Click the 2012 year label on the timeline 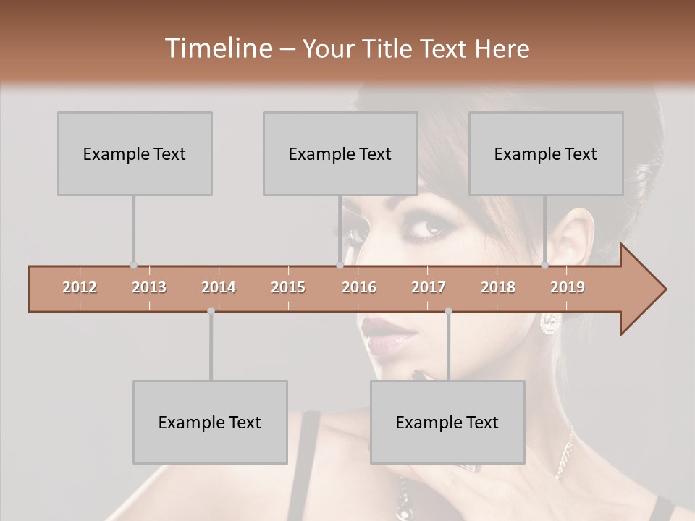pyautogui.click(x=80, y=287)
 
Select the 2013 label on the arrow pyautogui.click(x=149, y=287)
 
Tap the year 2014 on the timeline pyautogui.click(x=219, y=287)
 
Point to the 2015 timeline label pyautogui.click(x=288, y=287)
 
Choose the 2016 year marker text pyautogui.click(x=359, y=287)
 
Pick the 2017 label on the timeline pyautogui.click(x=429, y=287)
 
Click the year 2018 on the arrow pyautogui.click(x=498, y=287)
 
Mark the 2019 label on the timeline pyautogui.click(x=568, y=287)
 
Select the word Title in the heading pyautogui.click(x=389, y=48)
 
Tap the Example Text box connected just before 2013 pyautogui.click(x=135, y=153)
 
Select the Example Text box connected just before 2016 pyautogui.click(x=340, y=153)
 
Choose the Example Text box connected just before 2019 pyautogui.click(x=546, y=153)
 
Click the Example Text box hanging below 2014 pyautogui.click(x=210, y=422)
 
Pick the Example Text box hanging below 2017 pyautogui.click(x=447, y=422)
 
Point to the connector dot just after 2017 pyautogui.click(x=448, y=311)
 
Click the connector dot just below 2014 pyautogui.click(x=211, y=311)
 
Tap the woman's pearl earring pyautogui.click(x=550, y=323)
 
